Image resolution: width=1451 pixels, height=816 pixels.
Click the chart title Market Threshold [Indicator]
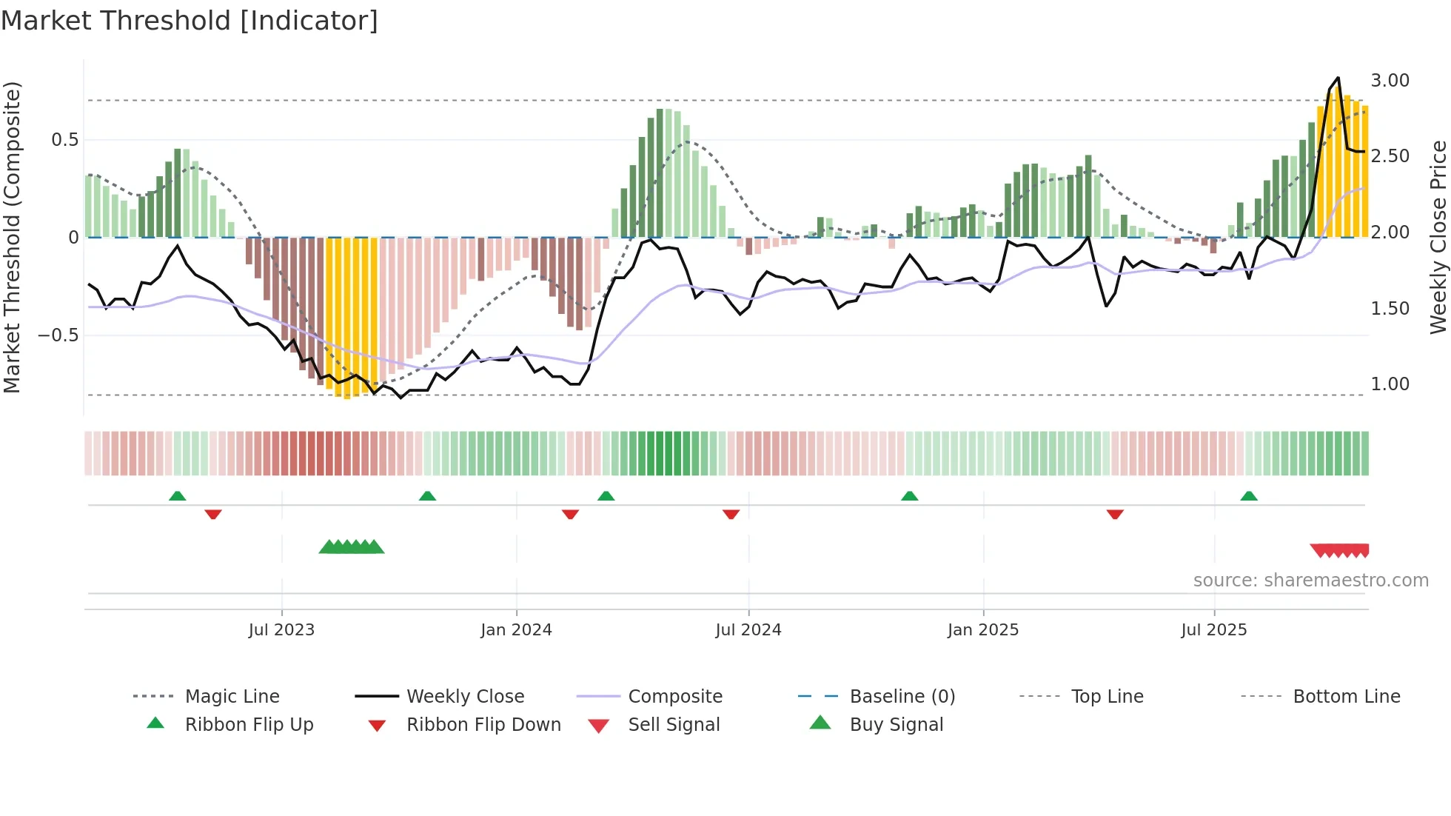tap(190, 21)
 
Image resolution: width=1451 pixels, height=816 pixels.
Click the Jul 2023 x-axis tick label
tap(281, 630)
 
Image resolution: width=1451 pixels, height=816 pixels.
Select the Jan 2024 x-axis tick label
tap(516, 630)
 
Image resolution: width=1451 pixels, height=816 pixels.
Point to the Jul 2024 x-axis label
tap(748, 630)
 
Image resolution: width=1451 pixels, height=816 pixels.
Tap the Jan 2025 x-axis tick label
tap(982, 630)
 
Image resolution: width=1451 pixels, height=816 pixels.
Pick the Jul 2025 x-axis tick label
tap(1213, 630)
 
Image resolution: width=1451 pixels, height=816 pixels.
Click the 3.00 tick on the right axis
tap(1390, 81)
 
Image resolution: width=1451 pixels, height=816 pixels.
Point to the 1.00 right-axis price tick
tap(1390, 384)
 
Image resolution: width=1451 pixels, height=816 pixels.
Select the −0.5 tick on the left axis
tap(58, 335)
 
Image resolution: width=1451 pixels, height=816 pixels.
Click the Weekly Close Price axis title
tap(1438, 237)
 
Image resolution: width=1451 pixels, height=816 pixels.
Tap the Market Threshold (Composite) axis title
tap(12, 237)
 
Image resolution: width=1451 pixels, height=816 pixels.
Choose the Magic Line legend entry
tap(232, 697)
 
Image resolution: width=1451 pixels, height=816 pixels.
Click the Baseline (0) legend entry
tap(902, 697)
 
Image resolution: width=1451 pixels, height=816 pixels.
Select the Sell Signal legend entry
tap(673, 725)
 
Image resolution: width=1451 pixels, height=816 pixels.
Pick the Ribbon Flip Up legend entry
tap(249, 725)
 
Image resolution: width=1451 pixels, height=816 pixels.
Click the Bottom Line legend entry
tap(1346, 697)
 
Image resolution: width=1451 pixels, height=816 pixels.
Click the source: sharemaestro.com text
tap(1310, 581)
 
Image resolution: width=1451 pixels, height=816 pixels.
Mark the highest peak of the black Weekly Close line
tap(1338, 78)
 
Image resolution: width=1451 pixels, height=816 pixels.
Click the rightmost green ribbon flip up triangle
tap(1249, 496)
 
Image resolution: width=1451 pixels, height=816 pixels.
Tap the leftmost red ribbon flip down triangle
tap(213, 514)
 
